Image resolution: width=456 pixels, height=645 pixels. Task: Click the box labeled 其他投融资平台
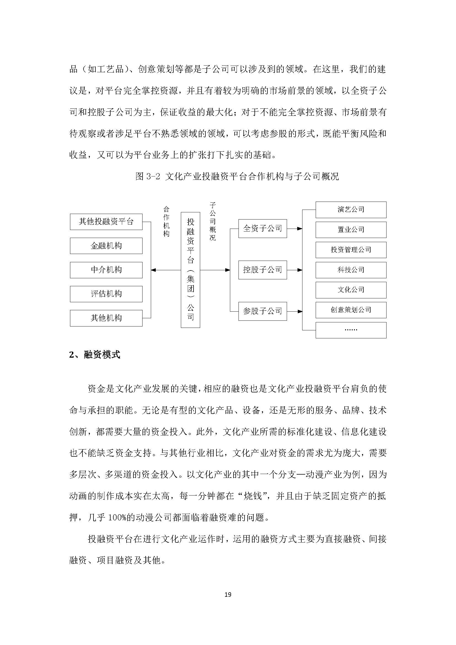pyautogui.click(x=106, y=222)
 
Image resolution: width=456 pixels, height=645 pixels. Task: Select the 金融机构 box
pyautogui.click(x=106, y=246)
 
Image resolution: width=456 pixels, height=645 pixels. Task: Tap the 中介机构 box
pyautogui.click(x=106, y=270)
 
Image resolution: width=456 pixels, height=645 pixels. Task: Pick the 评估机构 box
pyautogui.click(x=106, y=294)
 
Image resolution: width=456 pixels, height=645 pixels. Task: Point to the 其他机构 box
pyautogui.click(x=106, y=318)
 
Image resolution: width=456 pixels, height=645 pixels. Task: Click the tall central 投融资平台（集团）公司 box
pyautogui.click(x=191, y=270)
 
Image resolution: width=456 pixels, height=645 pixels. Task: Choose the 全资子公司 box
pyautogui.click(x=262, y=228)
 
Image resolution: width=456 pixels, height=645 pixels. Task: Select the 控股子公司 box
pyautogui.click(x=262, y=270)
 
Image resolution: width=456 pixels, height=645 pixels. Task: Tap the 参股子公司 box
pyautogui.click(x=262, y=311)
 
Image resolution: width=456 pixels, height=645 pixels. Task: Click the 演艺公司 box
pyautogui.click(x=351, y=210)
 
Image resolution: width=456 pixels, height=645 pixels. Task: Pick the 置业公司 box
pyautogui.click(x=351, y=230)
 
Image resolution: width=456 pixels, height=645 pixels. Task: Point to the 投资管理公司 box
pyautogui.click(x=351, y=250)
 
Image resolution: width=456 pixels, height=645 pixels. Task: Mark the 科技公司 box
pyautogui.click(x=351, y=270)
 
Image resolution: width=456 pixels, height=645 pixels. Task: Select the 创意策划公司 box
pyautogui.click(x=351, y=310)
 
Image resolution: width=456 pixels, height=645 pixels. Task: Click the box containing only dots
pyautogui.click(x=351, y=330)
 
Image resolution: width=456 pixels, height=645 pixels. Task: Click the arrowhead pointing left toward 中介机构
pyautogui.click(x=153, y=270)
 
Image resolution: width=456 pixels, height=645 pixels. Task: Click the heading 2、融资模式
pyautogui.click(x=95, y=355)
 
